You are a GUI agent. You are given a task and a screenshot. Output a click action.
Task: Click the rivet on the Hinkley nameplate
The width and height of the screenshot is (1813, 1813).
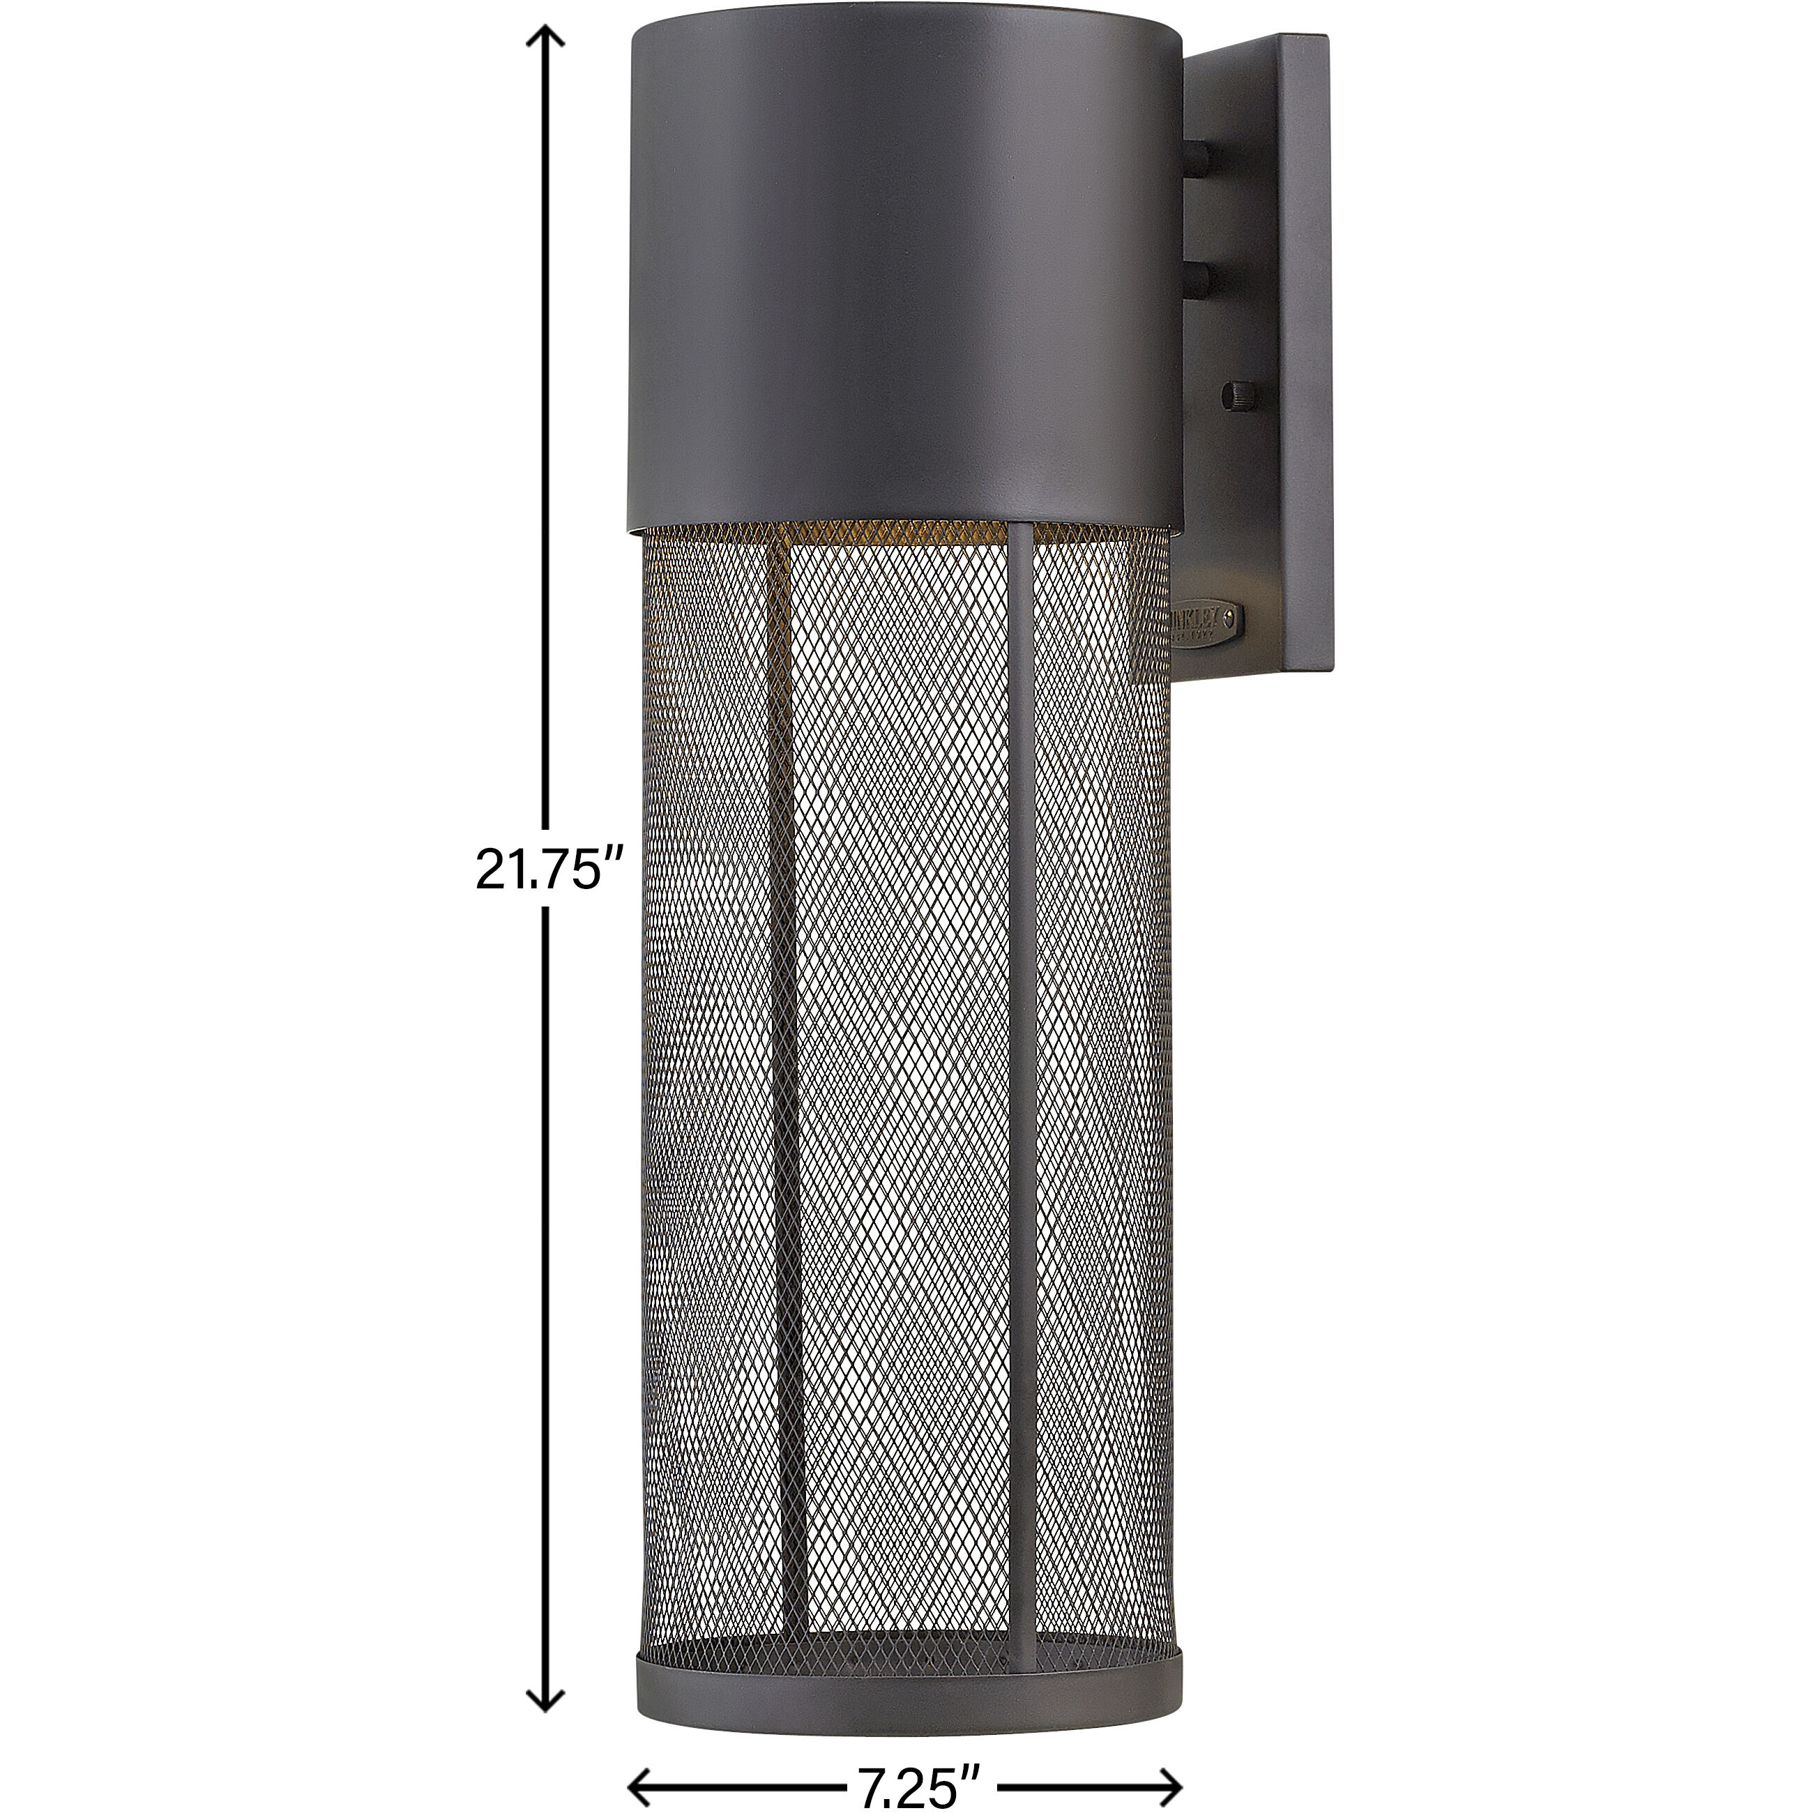pos(1232,614)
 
